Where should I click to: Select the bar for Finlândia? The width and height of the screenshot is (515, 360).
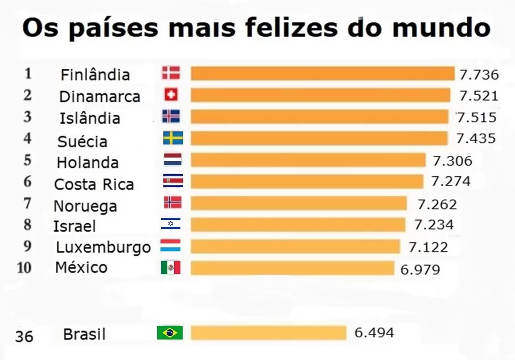[x=322, y=73]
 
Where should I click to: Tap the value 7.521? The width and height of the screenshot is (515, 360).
[x=479, y=96]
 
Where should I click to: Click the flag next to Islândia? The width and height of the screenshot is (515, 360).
[x=171, y=116]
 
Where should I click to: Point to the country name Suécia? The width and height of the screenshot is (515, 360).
[x=83, y=141]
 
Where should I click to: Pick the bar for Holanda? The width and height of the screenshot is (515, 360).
[x=308, y=160]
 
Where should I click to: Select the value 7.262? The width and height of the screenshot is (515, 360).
[x=437, y=204]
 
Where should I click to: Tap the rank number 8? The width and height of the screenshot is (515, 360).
[x=27, y=225]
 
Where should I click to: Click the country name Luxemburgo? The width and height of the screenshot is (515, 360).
[x=104, y=247]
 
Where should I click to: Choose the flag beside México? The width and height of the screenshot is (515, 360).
[x=170, y=268]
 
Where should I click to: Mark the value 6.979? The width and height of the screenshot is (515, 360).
[x=420, y=269]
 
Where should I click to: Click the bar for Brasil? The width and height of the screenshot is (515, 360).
[x=268, y=333]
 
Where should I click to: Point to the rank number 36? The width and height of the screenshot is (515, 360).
[x=24, y=336]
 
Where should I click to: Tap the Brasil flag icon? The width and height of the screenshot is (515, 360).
[x=170, y=333]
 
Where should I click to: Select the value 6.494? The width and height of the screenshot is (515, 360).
[x=374, y=332]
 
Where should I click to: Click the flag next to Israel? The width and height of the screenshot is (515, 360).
[x=171, y=224]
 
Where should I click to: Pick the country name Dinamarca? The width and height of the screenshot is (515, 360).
[x=100, y=97]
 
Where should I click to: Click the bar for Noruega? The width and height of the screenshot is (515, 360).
[x=298, y=203]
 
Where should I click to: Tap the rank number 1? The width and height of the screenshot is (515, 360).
[x=28, y=73]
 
